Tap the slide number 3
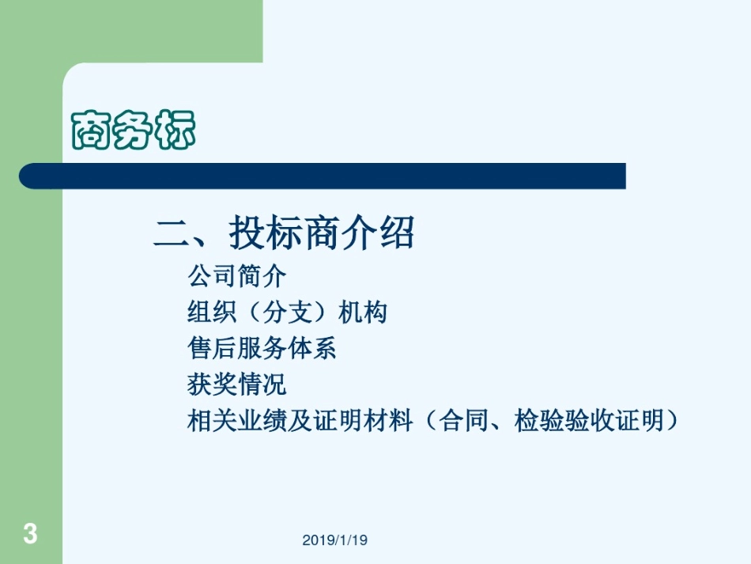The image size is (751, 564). (30, 533)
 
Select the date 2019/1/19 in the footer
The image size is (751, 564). (335, 540)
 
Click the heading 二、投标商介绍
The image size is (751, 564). (284, 233)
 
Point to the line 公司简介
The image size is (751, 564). (236, 277)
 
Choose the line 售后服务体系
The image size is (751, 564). (262, 349)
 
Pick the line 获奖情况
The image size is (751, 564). (236, 384)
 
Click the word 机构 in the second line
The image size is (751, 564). (363, 313)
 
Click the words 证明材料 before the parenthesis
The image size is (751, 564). (364, 421)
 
